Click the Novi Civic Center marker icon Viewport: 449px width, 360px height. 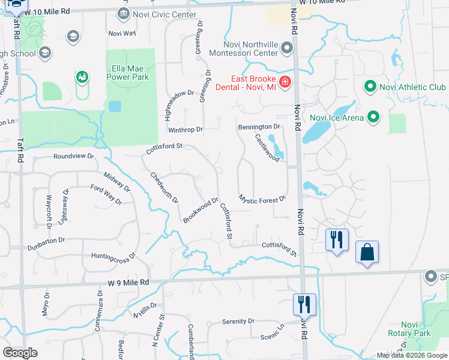tap(124, 13)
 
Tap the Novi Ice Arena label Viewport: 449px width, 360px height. tap(336, 117)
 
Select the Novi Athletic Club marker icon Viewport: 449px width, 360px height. tap(370, 88)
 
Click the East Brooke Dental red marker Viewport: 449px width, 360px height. tap(285, 82)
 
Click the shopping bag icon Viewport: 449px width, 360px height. tap(367, 252)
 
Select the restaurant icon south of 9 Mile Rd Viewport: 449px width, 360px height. tap(304, 304)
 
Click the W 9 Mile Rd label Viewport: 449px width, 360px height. tap(129, 282)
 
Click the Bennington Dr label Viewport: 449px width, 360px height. tap(259, 127)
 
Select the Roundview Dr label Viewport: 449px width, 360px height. tap(74, 156)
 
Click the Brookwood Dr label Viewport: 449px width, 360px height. tap(201, 211)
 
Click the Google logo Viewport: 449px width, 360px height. tap(20, 353)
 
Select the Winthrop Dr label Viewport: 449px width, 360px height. tap(185, 129)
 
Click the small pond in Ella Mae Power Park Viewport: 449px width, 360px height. tap(114, 106)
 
